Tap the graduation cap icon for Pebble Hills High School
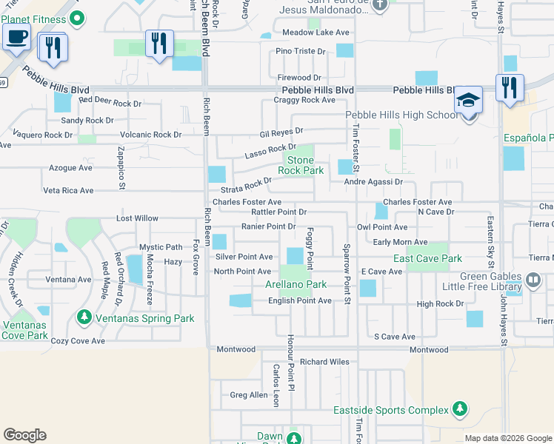[468, 100]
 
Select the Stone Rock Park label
[301, 165]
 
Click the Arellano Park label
[296, 284]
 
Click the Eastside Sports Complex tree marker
[460, 409]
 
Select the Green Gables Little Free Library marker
[533, 282]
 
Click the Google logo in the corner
[24, 435]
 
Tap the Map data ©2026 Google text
[507, 438]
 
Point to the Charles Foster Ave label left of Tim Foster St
[247, 202]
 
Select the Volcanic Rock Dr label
[150, 135]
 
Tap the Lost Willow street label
[137, 218]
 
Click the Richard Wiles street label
[324, 362]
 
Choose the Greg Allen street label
[249, 395]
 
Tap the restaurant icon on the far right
[510, 87]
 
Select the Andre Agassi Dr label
[373, 181]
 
